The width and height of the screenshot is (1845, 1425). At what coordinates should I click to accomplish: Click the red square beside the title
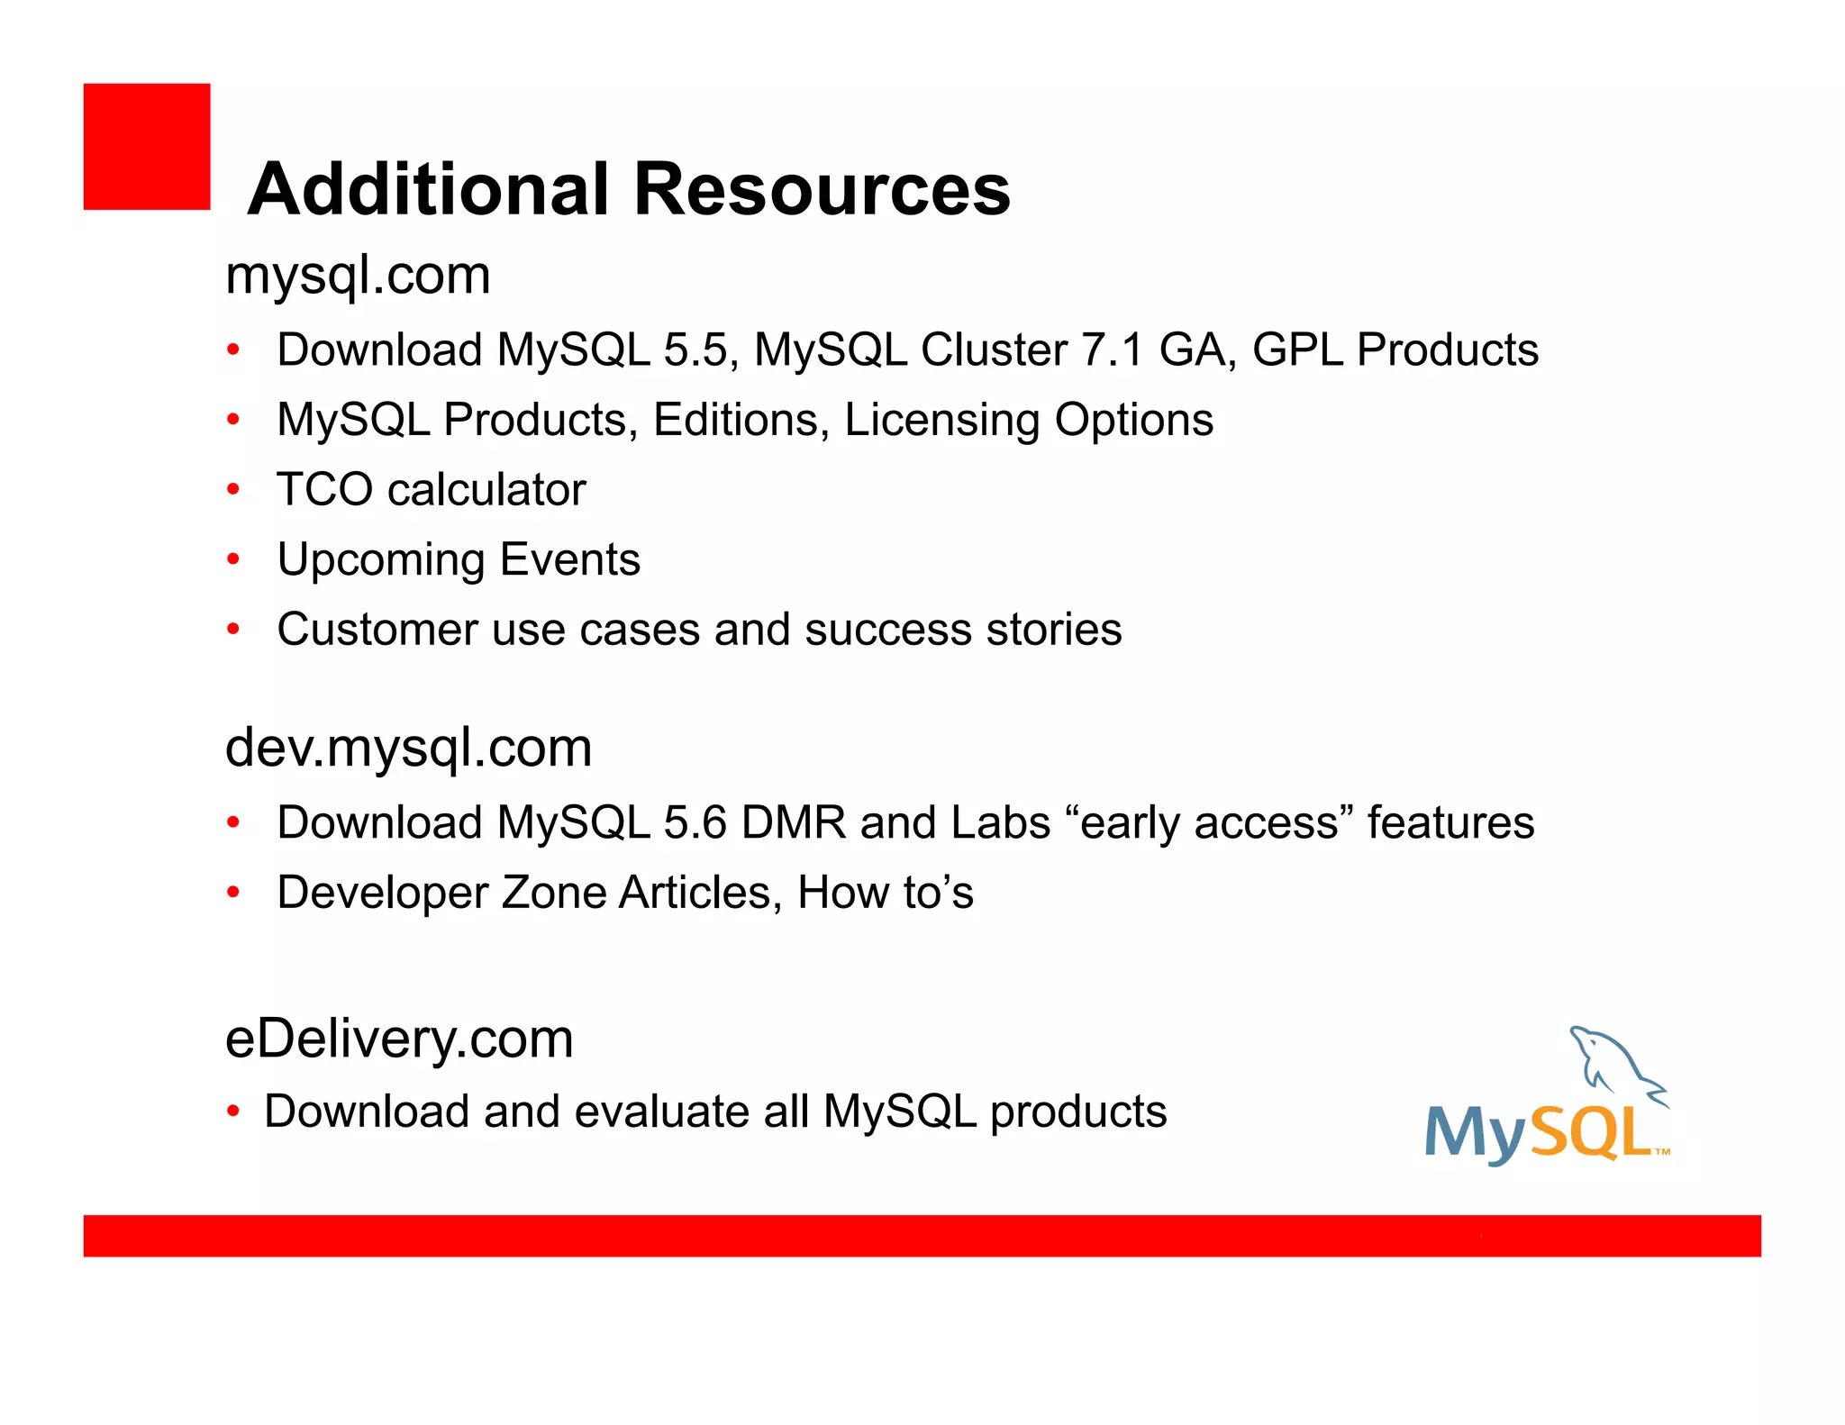147,147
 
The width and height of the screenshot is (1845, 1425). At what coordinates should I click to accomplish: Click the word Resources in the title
822,190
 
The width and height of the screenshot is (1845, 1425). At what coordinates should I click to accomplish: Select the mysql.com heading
358,276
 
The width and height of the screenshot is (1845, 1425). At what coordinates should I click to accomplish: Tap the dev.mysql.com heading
408,749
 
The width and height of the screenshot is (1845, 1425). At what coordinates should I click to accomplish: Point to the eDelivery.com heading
399,1039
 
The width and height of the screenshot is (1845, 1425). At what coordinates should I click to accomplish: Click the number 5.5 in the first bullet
695,350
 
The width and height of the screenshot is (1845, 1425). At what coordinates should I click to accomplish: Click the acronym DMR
793,823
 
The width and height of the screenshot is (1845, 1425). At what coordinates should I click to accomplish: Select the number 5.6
695,823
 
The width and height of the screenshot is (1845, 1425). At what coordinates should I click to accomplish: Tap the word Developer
382,894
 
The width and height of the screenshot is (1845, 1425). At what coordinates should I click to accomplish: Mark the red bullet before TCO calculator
233,490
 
